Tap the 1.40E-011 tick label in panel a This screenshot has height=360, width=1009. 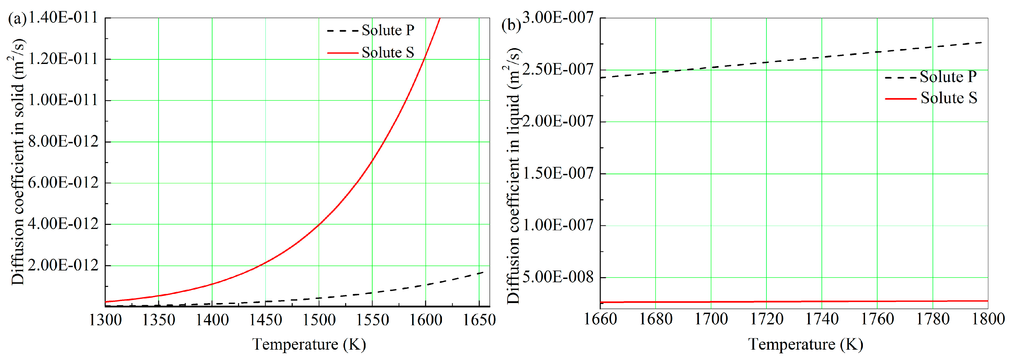(63, 18)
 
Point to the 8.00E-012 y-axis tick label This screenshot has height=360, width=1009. (63, 141)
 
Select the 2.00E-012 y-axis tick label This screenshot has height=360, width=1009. (63, 265)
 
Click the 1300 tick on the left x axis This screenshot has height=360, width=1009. (105, 320)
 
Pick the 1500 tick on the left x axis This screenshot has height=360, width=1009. (319, 320)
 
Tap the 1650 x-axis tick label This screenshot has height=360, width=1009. (479, 320)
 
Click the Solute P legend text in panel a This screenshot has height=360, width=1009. (388, 30)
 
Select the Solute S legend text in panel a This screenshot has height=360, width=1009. (388, 52)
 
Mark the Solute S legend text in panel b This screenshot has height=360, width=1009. (949, 98)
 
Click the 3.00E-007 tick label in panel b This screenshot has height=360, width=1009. (558, 18)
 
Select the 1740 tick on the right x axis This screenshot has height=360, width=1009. (822, 319)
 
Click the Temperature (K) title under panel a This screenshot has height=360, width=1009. (309, 344)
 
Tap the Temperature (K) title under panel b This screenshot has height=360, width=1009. (805, 344)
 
